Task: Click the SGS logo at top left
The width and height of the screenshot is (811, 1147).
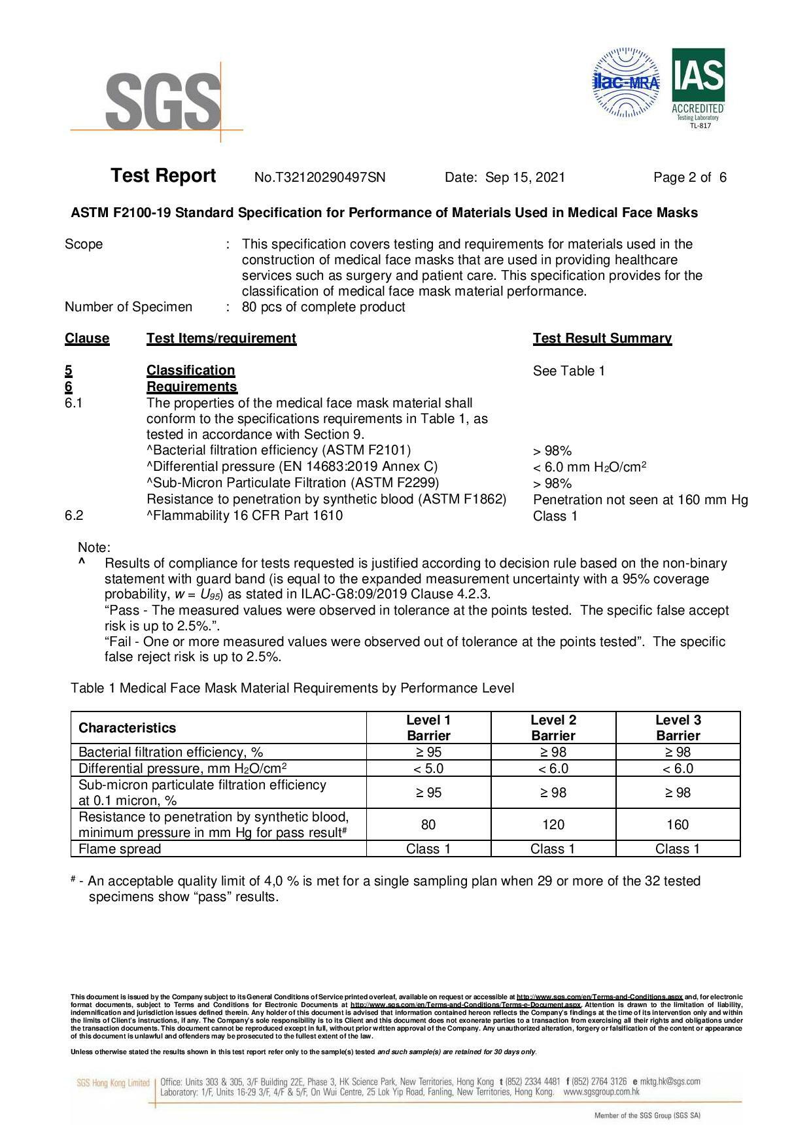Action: pos(163,101)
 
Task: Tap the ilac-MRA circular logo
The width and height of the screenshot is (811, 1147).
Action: pos(626,83)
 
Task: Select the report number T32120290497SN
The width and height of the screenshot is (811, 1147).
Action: pos(320,177)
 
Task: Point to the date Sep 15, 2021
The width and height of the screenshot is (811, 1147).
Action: pos(525,177)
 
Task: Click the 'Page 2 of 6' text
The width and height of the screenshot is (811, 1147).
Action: pos(689,177)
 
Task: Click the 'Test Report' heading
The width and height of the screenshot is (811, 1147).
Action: pos(163,176)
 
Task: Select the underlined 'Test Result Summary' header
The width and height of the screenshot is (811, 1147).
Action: pos(602,338)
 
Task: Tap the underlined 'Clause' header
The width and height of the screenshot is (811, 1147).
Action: pos(87,338)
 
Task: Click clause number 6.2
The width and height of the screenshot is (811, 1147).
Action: pos(74,515)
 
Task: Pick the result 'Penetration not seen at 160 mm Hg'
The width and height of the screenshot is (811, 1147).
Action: pos(640,500)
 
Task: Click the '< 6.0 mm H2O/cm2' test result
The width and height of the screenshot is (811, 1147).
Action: pos(589,467)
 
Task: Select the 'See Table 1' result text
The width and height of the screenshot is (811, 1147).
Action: pos(568,371)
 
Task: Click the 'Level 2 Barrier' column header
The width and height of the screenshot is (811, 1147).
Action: pos(553,727)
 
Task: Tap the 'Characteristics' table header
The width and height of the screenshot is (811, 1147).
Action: pos(127,728)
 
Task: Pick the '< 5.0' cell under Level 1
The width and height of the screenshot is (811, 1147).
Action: pos(428,768)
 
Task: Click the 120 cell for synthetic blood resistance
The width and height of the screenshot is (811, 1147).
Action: pos(553,825)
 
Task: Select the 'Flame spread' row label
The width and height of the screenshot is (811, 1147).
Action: pos(120,849)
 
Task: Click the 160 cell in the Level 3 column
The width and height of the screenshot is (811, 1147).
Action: pos(678,825)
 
